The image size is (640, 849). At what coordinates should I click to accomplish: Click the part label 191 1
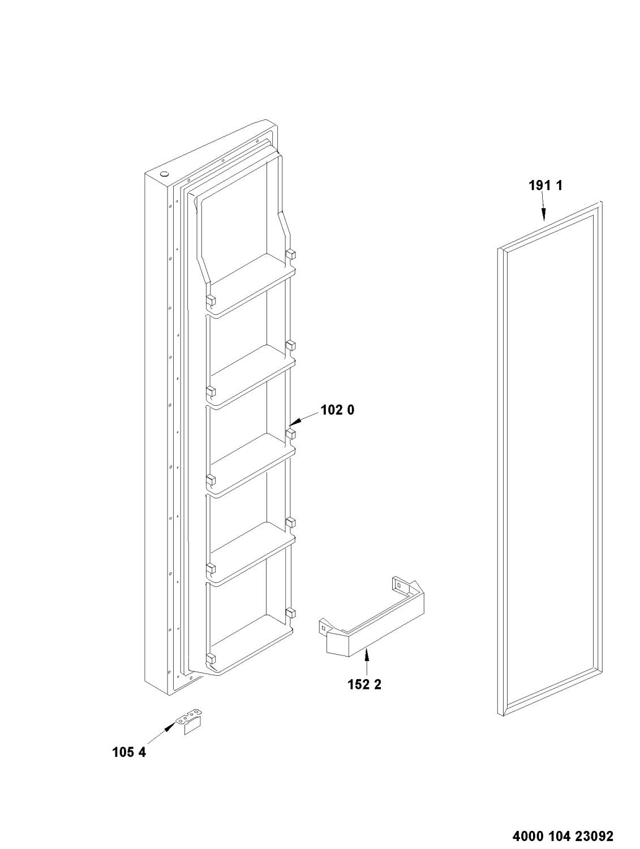(545, 186)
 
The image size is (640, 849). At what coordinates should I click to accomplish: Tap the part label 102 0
(338, 410)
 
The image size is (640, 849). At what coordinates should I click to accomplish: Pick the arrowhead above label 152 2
(366, 655)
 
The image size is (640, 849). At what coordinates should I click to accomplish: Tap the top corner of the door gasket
(600, 202)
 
